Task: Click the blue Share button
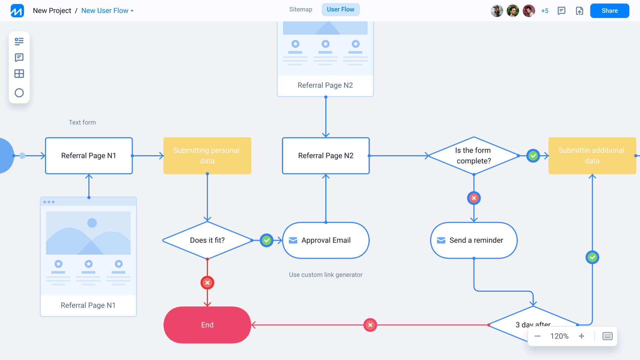(x=609, y=11)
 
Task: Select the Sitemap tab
(x=301, y=9)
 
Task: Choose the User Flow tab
(x=340, y=9)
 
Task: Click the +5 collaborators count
(x=545, y=11)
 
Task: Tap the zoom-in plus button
(x=581, y=336)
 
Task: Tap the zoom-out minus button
(x=537, y=336)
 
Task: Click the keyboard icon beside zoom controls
(x=607, y=336)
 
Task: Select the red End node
(x=207, y=325)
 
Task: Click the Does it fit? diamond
(x=207, y=240)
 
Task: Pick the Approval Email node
(x=326, y=240)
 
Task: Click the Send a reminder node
(x=474, y=240)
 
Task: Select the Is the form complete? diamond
(x=473, y=155)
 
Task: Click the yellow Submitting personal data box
(x=207, y=155)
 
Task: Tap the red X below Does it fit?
(x=207, y=283)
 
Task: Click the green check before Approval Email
(x=266, y=240)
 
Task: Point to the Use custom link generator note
(x=325, y=275)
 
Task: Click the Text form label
(x=82, y=122)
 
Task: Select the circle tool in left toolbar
(x=19, y=93)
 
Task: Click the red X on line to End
(x=370, y=325)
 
